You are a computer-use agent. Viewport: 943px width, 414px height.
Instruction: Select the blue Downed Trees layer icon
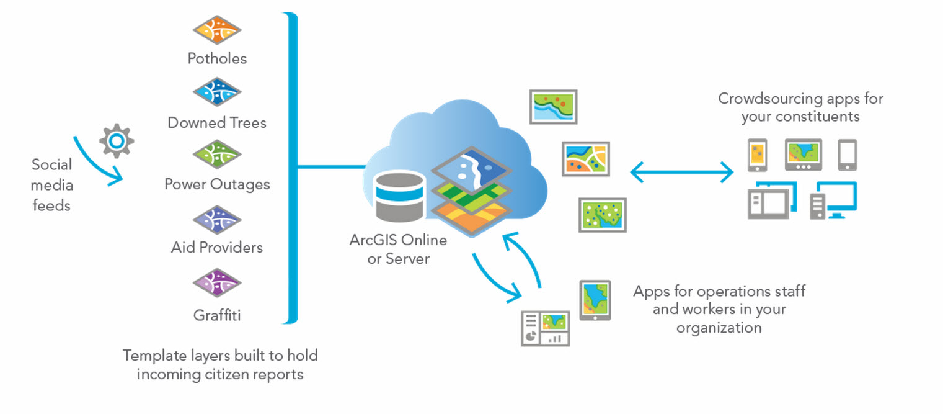pos(216,93)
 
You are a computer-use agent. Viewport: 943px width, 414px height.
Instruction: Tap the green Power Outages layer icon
pos(216,155)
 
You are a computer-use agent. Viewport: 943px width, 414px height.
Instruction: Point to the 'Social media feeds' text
pos(52,185)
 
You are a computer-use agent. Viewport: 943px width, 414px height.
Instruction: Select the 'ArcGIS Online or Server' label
pos(398,249)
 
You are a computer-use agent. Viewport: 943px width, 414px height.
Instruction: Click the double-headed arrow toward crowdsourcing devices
pos(682,172)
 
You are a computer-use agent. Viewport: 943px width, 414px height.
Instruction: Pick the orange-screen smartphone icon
pos(757,155)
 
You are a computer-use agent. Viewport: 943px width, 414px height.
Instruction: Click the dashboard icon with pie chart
pos(544,328)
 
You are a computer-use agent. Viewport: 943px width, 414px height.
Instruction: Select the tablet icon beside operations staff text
pos(595,300)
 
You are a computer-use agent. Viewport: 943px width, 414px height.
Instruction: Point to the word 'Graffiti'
pos(217,315)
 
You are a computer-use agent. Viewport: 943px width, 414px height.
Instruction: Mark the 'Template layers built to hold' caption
pos(220,356)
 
